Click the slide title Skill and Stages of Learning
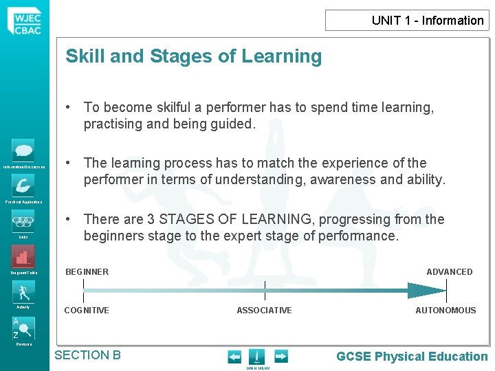point(193,56)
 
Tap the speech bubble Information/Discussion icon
point(23,150)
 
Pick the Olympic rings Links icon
point(23,221)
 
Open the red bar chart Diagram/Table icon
point(23,257)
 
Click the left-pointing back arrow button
point(234,357)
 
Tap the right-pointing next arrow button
point(280,357)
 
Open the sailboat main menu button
point(256,357)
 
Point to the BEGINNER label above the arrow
point(87,272)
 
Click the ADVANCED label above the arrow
point(449,272)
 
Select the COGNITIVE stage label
point(87,311)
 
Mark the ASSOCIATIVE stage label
point(264,311)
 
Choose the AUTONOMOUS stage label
point(445,311)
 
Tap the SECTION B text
point(87,355)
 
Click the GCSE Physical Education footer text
point(412,356)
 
